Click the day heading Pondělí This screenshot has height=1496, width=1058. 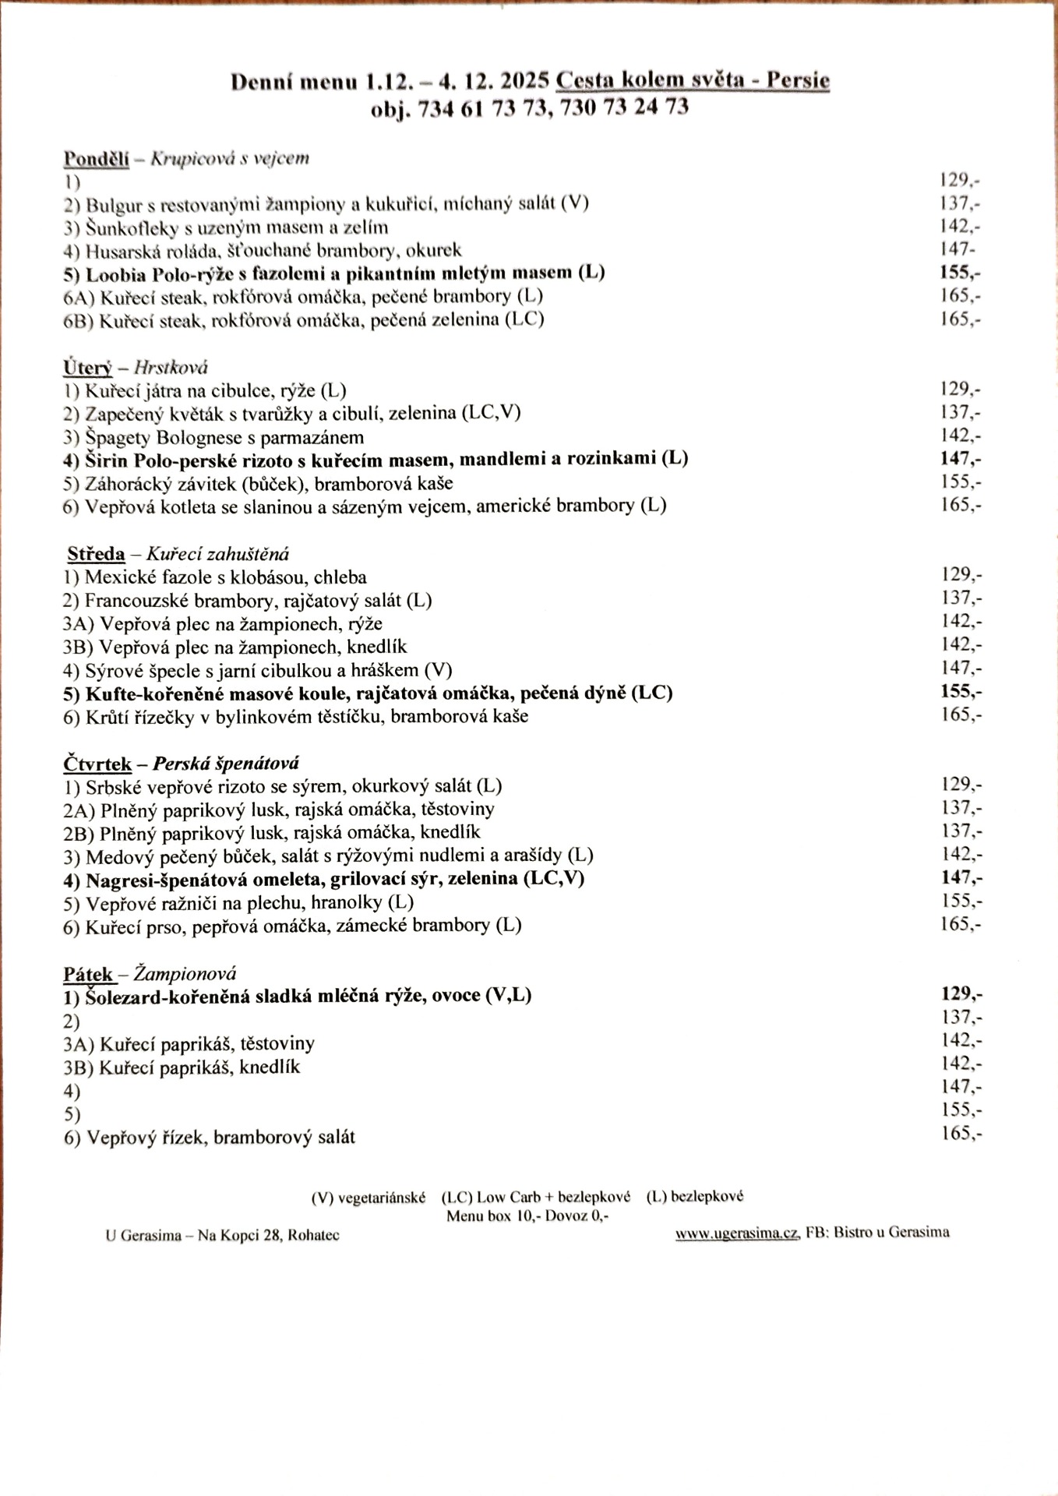point(96,159)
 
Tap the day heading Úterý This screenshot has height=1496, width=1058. point(87,368)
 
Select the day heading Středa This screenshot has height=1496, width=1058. point(96,554)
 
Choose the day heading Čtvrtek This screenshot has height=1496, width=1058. point(97,764)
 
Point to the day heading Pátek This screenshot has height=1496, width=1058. point(88,974)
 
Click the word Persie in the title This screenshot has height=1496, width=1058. point(798,80)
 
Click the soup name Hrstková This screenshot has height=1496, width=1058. point(171,368)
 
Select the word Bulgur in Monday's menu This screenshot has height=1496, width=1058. point(112,205)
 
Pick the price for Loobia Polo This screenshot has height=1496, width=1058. point(960,272)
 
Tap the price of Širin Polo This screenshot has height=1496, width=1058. point(960,458)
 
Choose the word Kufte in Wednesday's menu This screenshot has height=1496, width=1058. point(108,693)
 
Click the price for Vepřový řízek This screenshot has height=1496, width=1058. point(961,1133)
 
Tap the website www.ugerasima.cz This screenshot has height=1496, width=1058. point(736,1233)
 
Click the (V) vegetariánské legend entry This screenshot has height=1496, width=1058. point(368,1198)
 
